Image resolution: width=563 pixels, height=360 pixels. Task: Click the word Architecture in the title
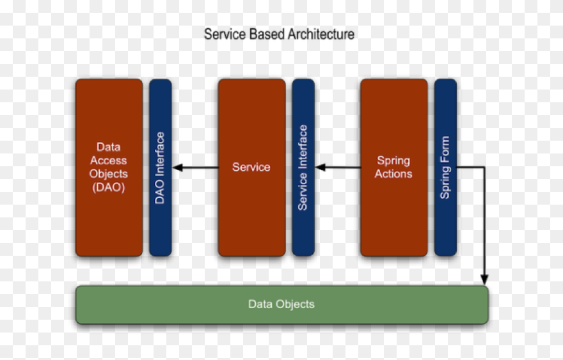[321, 34]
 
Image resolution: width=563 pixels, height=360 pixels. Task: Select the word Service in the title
[220, 34]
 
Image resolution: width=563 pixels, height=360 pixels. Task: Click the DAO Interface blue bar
[160, 168]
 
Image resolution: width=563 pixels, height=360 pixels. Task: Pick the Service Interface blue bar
[303, 168]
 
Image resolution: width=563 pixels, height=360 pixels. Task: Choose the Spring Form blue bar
[445, 168]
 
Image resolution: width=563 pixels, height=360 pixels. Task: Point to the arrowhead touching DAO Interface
[178, 168]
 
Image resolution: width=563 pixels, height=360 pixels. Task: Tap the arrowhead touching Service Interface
[321, 168]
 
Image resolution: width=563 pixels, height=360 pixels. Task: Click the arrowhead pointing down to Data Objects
[484, 279]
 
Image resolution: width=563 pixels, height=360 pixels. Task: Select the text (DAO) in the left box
[108, 188]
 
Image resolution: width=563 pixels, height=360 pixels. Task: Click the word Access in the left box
[108, 160]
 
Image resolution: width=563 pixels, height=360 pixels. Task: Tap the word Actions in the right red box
[393, 174]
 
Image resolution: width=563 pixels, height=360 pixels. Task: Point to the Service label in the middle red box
[251, 168]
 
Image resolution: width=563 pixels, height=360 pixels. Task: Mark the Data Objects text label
[281, 304]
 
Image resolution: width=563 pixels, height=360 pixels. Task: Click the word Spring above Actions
[393, 160]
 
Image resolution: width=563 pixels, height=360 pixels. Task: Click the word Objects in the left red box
[108, 174]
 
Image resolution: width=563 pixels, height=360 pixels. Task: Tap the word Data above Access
[108, 147]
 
